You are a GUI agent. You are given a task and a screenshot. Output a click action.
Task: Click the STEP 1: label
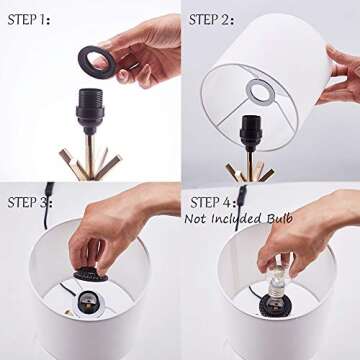29,20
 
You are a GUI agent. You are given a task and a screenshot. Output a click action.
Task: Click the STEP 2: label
211,20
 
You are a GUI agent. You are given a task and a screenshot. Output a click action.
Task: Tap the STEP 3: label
30,202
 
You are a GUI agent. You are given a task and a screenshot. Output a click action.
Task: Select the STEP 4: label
213,202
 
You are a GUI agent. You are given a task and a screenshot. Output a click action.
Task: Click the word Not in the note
196,219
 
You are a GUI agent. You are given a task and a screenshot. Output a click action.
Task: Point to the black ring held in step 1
97,63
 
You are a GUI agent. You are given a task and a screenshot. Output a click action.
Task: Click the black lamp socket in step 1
90,107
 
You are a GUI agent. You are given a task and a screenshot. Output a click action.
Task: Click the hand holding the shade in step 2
338,75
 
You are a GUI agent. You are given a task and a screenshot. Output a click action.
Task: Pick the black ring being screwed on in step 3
91,276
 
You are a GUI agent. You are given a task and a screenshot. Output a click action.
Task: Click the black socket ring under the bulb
274,306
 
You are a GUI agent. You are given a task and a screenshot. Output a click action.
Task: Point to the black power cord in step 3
47,204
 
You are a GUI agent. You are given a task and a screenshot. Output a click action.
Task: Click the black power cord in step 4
239,207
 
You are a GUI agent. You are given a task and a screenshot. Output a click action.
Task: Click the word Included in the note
237,219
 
